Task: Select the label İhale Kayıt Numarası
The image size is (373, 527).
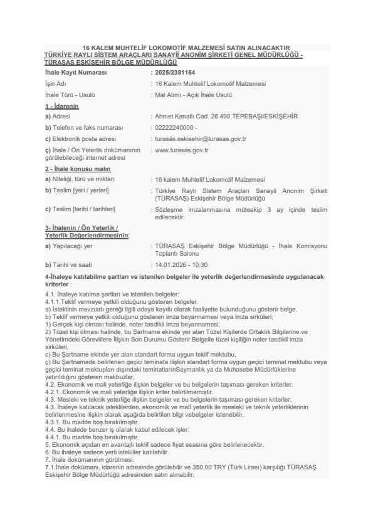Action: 72,73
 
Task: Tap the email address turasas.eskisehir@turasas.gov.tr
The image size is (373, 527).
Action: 201,138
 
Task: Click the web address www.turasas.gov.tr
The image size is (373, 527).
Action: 181,150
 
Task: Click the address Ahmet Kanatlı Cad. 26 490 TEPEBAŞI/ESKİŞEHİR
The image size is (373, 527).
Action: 226,117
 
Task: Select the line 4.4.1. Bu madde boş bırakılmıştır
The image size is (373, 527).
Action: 87,437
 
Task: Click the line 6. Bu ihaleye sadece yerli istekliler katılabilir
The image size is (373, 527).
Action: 112,452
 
